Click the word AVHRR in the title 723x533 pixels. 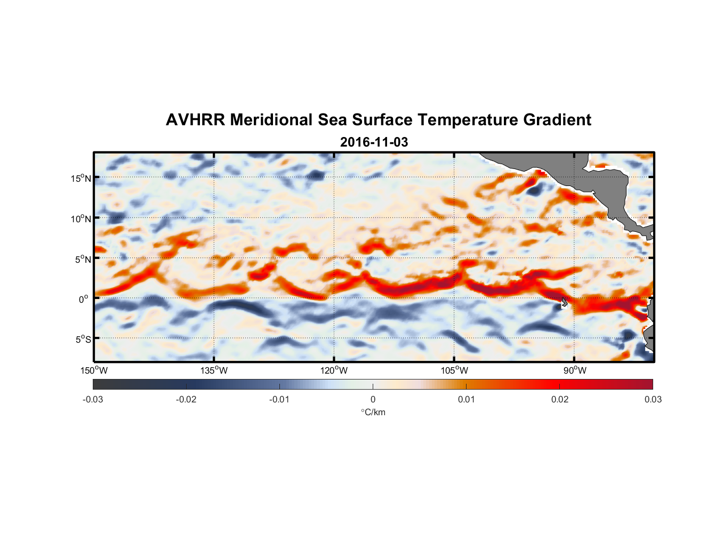pyautogui.click(x=195, y=120)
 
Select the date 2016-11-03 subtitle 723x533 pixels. pyautogui.click(x=374, y=142)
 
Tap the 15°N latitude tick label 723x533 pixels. pyautogui.click(x=81, y=178)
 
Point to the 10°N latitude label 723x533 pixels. pyautogui.click(x=81, y=219)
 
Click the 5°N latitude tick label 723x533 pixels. pyautogui.click(x=83, y=259)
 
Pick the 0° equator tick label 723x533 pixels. pyautogui.click(x=84, y=299)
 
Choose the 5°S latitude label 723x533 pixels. pyautogui.click(x=83, y=339)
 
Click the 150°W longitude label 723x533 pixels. pyautogui.click(x=94, y=370)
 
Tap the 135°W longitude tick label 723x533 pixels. pyautogui.click(x=214, y=370)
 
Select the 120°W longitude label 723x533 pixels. pyautogui.click(x=334, y=370)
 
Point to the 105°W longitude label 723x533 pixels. pyautogui.click(x=454, y=370)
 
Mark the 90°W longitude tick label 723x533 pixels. pyautogui.click(x=575, y=370)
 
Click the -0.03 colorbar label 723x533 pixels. pyautogui.click(x=93, y=399)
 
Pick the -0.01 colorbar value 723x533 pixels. pyautogui.click(x=279, y=399)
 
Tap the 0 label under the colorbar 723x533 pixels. pyautogui.click(x=373, y=399)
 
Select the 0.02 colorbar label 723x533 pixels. pyautogui.click(x=560, y=399)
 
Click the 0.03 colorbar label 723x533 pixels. pyautogui.click(x=653, y=399)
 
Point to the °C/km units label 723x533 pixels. pyautogui.click(x=373, y=412)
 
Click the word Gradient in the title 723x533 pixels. pyautogui.click(x=557, y=120)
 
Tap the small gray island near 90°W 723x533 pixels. pyautogui.click(x=564, y=302)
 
